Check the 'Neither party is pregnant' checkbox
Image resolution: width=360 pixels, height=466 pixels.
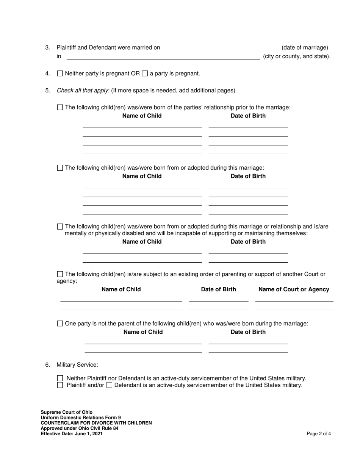point(60,73)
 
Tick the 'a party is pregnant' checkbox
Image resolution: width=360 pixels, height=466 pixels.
point(145,73)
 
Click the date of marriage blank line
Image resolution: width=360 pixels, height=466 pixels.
point(222,48)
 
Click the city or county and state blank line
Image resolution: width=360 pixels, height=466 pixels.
point(163,56)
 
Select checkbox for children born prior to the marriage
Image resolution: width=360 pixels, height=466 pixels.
point(60,107)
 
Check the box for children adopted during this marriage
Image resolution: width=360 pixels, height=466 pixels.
point(60,167)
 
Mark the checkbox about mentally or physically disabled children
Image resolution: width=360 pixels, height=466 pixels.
point(60,227)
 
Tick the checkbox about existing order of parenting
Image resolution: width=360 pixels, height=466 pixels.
point(60,274)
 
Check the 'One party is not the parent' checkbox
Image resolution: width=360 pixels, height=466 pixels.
point(60,324)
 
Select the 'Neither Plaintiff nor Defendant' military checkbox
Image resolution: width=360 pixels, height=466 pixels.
point(60,378)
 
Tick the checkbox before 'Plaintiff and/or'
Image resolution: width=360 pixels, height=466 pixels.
point(60,385)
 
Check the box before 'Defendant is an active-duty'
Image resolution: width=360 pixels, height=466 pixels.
point(109,385)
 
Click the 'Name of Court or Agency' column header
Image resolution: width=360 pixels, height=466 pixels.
point(294,289)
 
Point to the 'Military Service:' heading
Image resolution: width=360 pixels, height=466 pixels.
point(77,365)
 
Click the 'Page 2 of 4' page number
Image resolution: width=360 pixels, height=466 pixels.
point(319,434)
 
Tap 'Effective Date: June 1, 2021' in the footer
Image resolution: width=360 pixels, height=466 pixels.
point(72,434)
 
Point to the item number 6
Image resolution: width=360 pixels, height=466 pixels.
point(47,365)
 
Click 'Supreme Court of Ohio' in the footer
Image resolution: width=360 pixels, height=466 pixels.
point(67,412)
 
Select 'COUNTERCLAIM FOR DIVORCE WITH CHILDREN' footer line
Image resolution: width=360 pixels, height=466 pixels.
point(96,423)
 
